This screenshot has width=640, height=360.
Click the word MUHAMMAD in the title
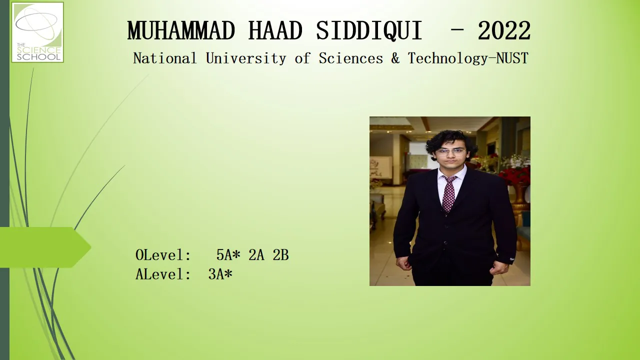(x=181, y=30)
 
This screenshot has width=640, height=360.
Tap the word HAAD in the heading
(x=275, y=30)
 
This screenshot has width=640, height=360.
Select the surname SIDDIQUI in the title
(x=369, y=31)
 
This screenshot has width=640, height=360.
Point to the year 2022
(x=504, y=30)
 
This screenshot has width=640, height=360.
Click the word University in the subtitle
(x=246, y=58)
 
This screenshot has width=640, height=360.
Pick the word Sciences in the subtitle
(x=351, y=58)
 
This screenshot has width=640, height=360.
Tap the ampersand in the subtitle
(x=395, y=58)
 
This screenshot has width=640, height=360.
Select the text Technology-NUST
(x=468, y=58)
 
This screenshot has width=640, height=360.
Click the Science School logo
(x=37, y=32)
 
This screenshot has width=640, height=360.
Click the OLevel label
(x=163, y=255)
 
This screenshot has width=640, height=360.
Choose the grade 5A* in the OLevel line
(x=228, y=254)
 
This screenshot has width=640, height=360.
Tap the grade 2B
(x=280, y=255)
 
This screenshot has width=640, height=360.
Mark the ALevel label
(x=163, y=274)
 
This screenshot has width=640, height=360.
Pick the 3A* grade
(x=220, y=274)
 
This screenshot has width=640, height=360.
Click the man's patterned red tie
(x=449, y=193)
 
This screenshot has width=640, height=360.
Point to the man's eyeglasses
(x=451, y=152)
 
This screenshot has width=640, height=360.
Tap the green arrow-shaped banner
(x=45, y=247)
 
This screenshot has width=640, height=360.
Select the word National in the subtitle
(x=165, y=58)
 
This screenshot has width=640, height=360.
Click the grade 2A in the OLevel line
(x=256, y=255)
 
